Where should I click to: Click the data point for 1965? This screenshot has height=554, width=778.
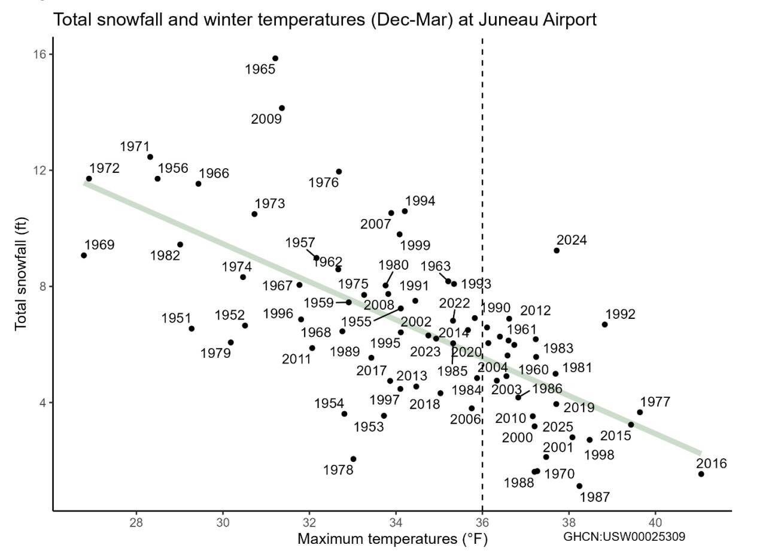click(x=275, y=59)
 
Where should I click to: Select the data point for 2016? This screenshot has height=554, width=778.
click(x=701, y=474)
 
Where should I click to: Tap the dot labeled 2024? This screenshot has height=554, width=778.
click(x=557, y=250)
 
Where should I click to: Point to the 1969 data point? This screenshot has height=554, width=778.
click(x=84, y=255)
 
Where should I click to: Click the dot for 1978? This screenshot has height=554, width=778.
click(x=353, y=459)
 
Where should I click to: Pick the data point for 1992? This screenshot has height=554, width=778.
click(x=604, y=324)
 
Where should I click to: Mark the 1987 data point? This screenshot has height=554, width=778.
click(x=579, y=486)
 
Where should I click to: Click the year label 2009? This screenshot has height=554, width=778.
click(x=266, y=119)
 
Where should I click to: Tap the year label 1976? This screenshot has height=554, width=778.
click(x=323, y=182)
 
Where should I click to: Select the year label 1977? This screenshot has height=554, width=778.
click(x=655, y=402)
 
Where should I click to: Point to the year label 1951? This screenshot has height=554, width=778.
click(x=176, y=318)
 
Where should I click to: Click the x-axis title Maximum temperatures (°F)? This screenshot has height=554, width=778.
click(x=393, y=539)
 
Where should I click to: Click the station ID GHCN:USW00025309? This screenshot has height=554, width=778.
click(x=624, y=537)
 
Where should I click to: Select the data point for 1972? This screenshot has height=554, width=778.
click(x=89, y=178)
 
